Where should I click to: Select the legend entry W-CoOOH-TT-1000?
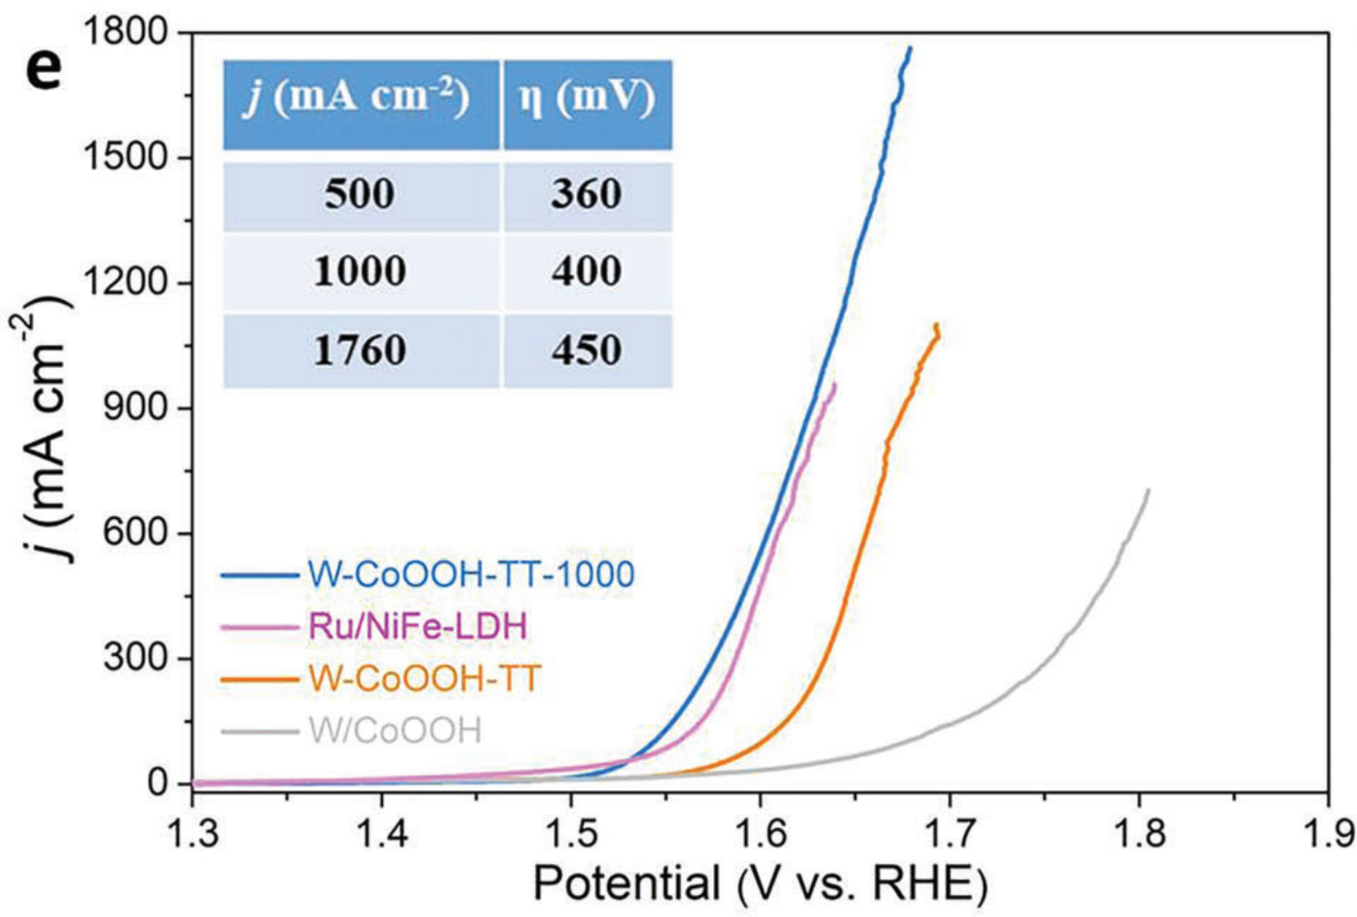click(x=471, y=575)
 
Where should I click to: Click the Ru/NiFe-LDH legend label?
click(x=418, y=627)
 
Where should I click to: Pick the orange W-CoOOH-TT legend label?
click(x=425, y=679)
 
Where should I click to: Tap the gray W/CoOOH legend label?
click(x=395, y=731)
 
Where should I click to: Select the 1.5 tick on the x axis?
click(x=570, y=833)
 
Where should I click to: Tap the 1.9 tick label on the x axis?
click(x=1327, y=833)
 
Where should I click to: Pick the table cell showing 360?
click(x=587, y=195)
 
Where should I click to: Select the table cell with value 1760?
click(x=360, y=350)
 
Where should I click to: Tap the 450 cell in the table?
click(x=587, y=350)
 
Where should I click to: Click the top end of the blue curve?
click(x=910, y=48)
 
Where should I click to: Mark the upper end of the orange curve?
click(x=937, y=325)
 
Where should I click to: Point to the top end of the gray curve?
click(x=1148, y=490)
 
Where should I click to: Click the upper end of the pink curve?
click(x=834, y=384)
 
